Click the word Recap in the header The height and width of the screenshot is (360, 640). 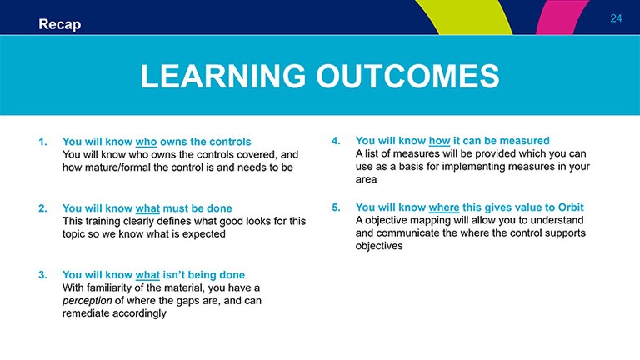coord(60,24)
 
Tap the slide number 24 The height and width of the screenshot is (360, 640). coord(616,18)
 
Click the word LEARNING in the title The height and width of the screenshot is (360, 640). coord(222,77)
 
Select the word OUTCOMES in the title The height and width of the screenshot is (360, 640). coord(407,77)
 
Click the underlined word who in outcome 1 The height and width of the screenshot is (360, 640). coord(146,142)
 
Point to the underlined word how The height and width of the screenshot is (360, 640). coord(439,141)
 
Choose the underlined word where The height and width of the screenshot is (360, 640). coord(444,207)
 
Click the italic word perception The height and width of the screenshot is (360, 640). coord(87,301)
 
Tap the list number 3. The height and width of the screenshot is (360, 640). coord(42,275)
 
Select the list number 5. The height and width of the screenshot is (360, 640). coord(336,207)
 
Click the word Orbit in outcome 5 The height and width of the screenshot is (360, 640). coord(571,207)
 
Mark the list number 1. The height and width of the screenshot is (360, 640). coord(42,142)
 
